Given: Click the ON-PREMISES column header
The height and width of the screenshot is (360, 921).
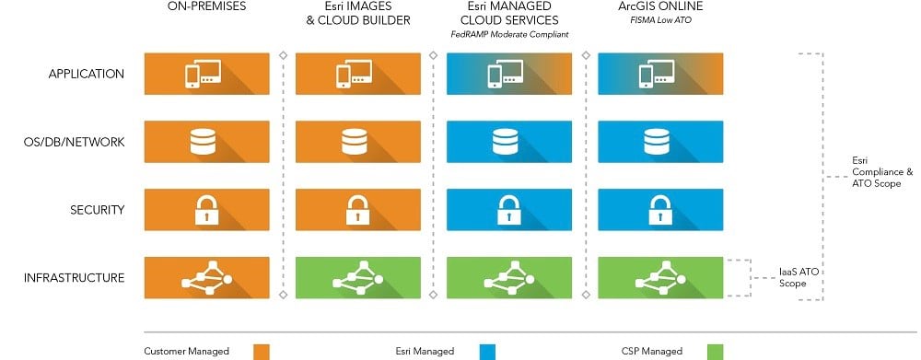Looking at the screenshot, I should coord(207,8).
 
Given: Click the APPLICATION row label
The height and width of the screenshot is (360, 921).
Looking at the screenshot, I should coord(86,74).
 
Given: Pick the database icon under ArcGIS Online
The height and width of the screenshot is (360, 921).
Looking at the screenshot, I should coord(657,142).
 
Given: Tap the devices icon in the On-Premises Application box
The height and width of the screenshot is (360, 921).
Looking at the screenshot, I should coord(204,75).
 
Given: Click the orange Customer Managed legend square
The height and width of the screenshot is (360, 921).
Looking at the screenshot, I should coord(262,351).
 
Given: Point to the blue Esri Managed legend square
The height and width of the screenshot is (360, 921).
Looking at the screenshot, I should coord(487,351).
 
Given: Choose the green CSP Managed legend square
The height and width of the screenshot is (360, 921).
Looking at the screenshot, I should coord(715,351).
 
